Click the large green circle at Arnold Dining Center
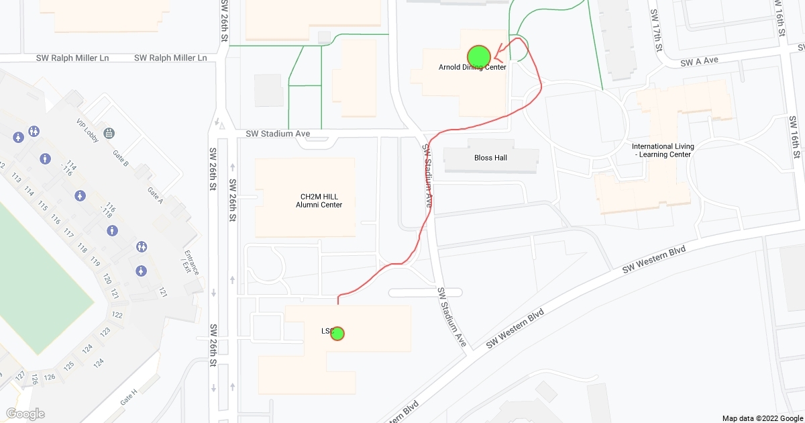(478, 56)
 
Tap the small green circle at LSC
(337, 333)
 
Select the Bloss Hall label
(490, 158)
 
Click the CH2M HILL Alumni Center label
(319, 201)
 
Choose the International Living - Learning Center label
(663, 150)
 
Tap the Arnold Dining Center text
(472, 67)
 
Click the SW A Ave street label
(699, 60)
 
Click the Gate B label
(121, 158)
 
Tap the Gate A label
(155, 194)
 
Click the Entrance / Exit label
(191, 265)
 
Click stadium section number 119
(95, 261)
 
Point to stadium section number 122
(117, 315)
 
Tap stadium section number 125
(69, 366)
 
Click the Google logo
(25, 414)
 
